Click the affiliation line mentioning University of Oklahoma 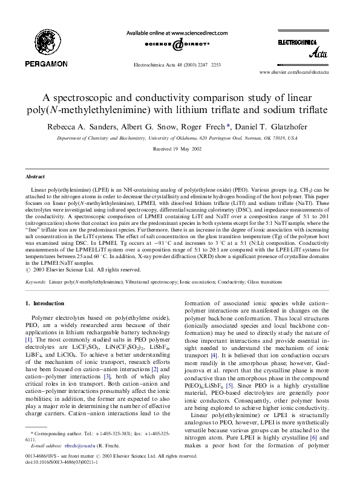click(x=180, y=138)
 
